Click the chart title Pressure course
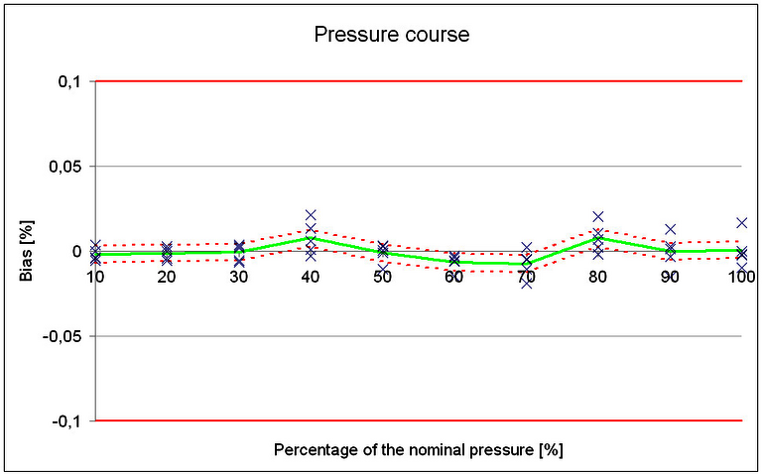pos(391,35)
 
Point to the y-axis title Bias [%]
pos(30,252)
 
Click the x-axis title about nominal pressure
pos(418,450)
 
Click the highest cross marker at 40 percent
pos(311,215)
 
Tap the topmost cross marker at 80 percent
pos(598,216)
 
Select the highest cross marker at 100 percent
pos(741,222)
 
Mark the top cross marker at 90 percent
pos(670,229)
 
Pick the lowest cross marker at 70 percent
pos(526,285)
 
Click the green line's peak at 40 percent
pos(311,238)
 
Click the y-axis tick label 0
pos(75,252)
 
